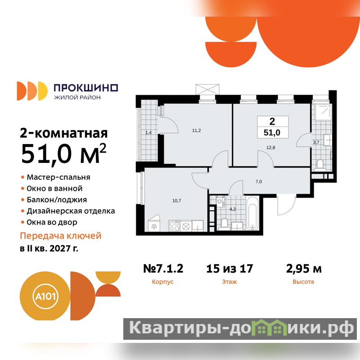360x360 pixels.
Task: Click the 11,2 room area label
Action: [197, 130]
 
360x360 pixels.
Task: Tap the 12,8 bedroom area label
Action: [271, 148]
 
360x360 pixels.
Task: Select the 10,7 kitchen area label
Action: [176, 201]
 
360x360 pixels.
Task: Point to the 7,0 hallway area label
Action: [258, 182]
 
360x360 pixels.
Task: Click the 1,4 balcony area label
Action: [148, 132]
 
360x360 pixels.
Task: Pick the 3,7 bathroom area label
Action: [316, 142]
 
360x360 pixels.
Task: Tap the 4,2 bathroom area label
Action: [233, 209]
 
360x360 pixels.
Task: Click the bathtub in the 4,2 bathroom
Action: [252, 213]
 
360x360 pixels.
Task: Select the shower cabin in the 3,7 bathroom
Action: [323, 112]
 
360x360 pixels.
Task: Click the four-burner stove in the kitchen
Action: [174, 226]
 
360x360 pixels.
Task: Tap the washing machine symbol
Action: [220, 202]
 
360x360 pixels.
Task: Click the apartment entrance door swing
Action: [286, 205]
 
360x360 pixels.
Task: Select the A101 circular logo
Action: [45, 296]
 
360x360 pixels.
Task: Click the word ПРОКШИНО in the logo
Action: [86, 88]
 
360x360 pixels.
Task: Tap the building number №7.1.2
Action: [163, 268]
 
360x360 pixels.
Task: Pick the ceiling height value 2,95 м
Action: [304, 269]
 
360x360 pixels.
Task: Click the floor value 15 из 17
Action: [229, 268]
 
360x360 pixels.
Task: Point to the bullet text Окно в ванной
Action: [54, 189]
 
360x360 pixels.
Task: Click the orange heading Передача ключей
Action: [61, 236]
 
